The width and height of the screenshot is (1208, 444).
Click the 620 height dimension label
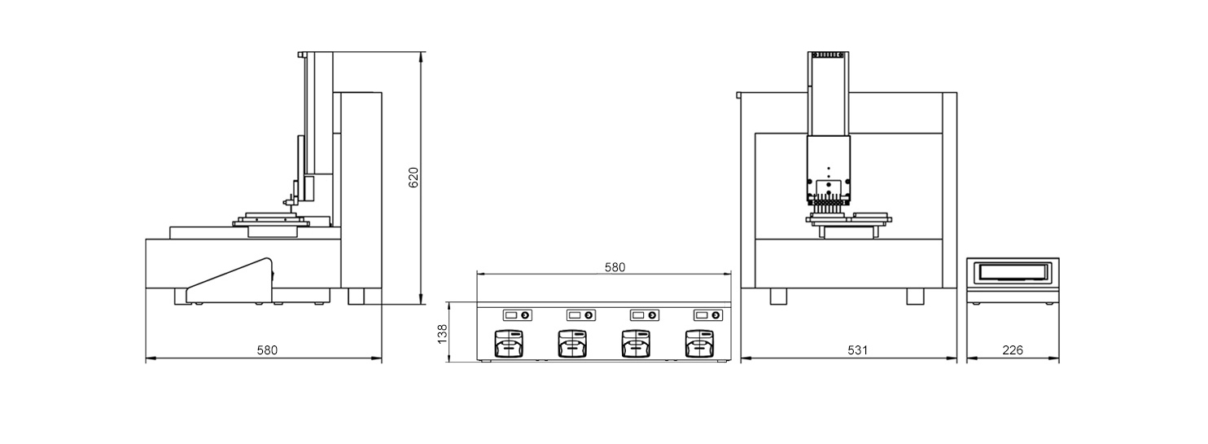tap(414, 178)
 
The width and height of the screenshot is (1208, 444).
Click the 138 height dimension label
tap(442, 334)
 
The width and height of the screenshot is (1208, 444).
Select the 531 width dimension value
tap(857, 350)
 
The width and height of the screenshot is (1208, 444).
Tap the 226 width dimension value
tap(1013, 350)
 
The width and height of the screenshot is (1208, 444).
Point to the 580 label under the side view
tap(267, 350)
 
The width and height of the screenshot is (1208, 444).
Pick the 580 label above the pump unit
tap(615, 267)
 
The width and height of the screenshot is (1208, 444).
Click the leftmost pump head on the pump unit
tap(509, 344)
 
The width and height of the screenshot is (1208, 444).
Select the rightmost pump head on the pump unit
tap(699, 344)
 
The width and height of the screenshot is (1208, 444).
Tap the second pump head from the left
tap(572, 344)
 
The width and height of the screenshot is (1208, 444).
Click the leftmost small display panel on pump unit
tap(518, 315)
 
